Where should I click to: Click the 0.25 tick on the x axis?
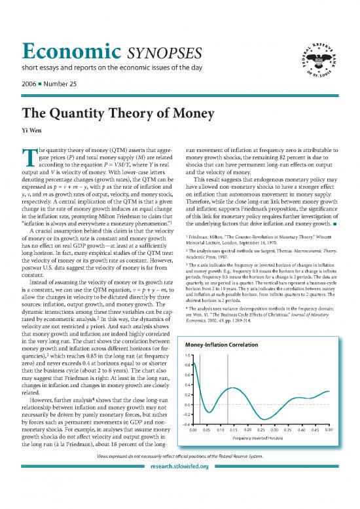261,430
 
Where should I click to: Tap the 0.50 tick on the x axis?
329,430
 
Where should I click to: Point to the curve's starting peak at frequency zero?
193,360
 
